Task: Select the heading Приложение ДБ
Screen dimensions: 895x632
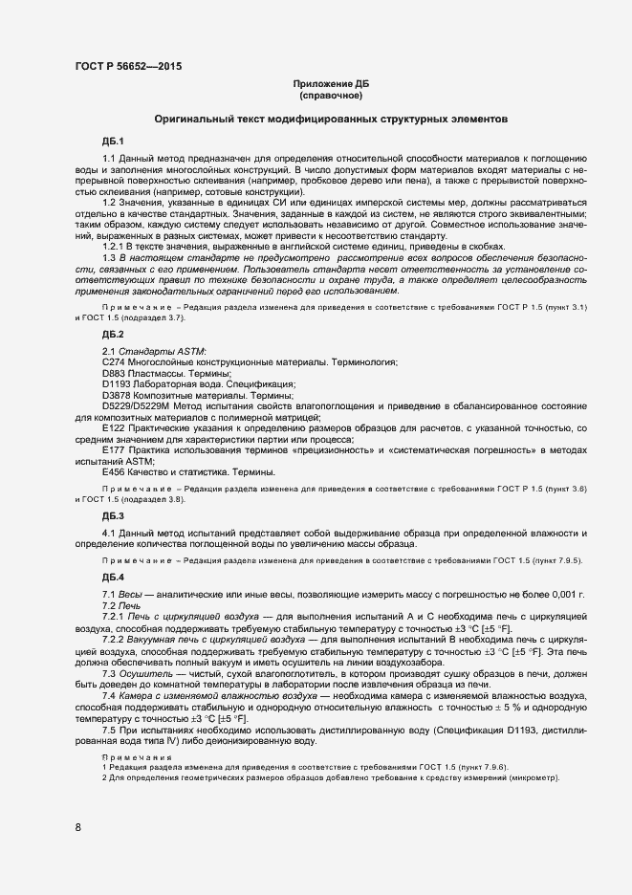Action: (331, 84)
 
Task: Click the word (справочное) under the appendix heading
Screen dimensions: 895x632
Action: (331, 96)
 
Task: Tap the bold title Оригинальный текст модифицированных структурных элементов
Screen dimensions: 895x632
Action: (331, 120)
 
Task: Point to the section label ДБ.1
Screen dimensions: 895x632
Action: (114, 141)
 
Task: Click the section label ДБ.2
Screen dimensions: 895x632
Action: (114, 334)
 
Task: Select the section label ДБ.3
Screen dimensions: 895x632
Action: (114, 516)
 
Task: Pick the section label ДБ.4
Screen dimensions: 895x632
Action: (114, 577)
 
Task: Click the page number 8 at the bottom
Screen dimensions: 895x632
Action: (78, 827)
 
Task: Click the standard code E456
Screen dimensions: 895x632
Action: (115, 471)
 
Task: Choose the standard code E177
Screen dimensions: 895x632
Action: (115, 450)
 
